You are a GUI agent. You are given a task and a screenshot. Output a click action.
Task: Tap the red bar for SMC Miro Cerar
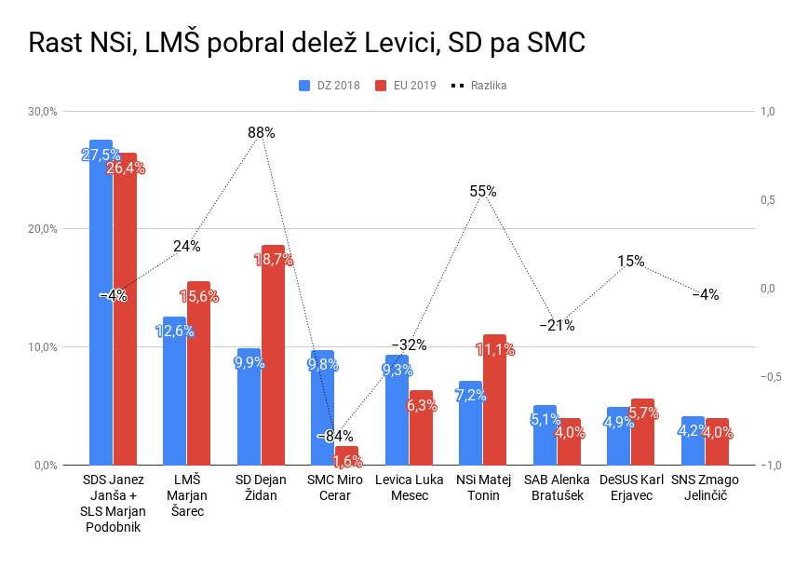tap(346, 455)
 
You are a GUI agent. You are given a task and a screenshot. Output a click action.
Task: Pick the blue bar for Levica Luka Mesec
tap(397, 410)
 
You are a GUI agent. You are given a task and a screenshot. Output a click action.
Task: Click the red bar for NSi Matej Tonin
tap(494, 400)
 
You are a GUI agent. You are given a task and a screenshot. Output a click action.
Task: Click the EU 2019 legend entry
tap(407, 86)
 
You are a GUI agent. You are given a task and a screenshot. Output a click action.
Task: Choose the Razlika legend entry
tap(478, 86)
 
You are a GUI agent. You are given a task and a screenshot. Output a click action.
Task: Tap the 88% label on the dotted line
tap(262, 133)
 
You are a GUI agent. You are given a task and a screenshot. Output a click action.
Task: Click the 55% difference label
tap(483, 192)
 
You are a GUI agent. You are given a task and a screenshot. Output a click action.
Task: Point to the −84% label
tap(334, 436)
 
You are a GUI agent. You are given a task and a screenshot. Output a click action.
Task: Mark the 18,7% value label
tap(274, 260)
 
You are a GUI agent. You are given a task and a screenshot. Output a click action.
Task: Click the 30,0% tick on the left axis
tap(43, 112)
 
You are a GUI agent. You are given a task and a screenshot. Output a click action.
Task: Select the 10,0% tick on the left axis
tap(43, 347)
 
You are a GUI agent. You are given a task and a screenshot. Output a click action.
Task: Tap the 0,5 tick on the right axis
tap(768, 200)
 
